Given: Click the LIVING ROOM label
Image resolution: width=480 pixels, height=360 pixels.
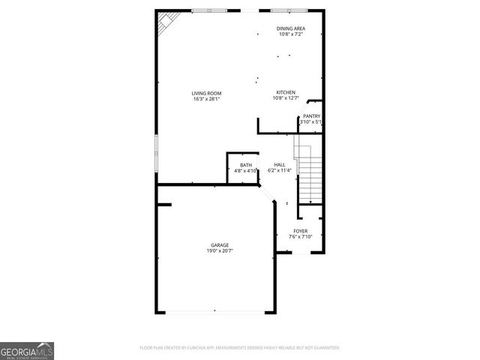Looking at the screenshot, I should [206, 93].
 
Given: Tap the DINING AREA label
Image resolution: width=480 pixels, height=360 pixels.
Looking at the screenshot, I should [291, 28].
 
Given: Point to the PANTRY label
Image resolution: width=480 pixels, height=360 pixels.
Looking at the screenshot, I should [311, 115].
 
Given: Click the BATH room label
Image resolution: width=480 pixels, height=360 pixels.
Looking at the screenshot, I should [245, 165].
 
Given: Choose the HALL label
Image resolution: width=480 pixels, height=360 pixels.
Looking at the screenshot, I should [279, 165].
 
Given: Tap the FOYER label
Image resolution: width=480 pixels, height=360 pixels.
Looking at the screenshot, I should [300, 231].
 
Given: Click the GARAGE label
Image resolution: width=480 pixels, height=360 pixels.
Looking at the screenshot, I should [219, 245].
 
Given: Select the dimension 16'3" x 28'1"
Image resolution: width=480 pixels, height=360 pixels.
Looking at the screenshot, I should [206, 99].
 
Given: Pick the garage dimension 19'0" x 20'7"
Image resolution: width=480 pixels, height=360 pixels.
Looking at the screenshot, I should [219, 251].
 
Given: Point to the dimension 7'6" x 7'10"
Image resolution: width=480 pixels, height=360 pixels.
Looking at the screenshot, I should [300, 237].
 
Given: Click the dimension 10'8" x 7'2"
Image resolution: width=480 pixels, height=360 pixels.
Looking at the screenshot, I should [291, 34].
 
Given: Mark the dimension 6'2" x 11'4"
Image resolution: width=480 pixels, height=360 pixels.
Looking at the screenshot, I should [279, 171].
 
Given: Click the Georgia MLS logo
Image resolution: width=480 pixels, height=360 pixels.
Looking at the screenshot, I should [27, 350].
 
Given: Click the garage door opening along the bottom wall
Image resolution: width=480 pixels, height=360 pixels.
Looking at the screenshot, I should [214, 311].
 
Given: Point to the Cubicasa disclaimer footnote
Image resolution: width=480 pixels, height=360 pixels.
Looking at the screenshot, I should [240, 348].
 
